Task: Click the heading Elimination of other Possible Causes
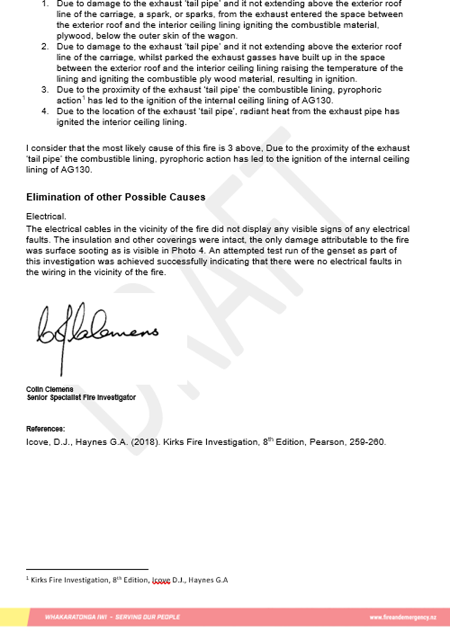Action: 116,197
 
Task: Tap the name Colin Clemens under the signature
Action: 49,389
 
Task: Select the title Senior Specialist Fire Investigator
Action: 81,397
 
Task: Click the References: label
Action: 45,429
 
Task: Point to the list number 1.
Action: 45,3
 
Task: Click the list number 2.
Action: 45,47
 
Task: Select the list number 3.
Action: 45,90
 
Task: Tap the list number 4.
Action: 45,112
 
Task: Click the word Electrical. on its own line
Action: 46,217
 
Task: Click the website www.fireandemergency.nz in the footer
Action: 402,617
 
